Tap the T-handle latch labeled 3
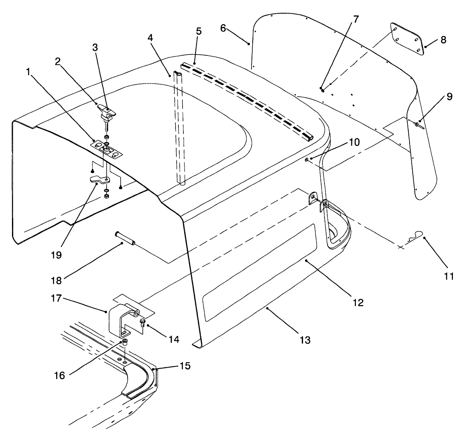click(x=107, y=110)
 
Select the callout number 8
click(x=443, y=40)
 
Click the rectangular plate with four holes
click(x=407, y=38)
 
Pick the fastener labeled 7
click(x=322, y=89)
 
